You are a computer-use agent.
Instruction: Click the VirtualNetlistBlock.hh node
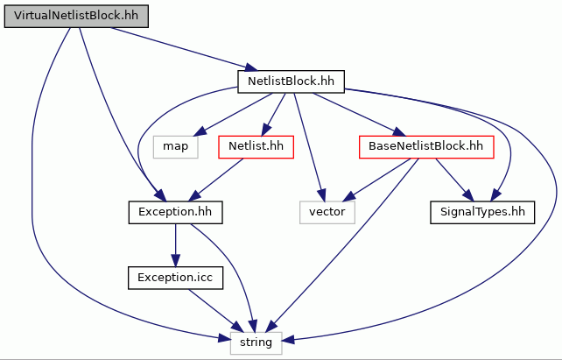[x=76, y=16]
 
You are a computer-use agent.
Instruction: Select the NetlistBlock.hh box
[x=291, y=81]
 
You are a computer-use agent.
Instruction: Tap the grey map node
[x=176, y=146]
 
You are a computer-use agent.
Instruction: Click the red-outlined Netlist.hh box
[x=256, y=146]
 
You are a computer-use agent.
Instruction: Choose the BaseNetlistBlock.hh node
[x=426, y=146]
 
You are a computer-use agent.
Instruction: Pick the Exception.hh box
[x=175, y=212]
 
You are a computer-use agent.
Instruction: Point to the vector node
[x=327, y=212]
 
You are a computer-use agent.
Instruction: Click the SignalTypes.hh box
[x=482, y=212]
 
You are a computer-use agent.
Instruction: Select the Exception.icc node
[x=175, y=278]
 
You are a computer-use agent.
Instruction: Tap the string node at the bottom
[x=256, y=342]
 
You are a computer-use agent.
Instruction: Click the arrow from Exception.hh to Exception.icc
[x=175, y=245]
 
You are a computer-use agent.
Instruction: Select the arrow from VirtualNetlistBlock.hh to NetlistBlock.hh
[x=184, y=49]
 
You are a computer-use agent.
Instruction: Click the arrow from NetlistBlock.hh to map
[x=233, y=115]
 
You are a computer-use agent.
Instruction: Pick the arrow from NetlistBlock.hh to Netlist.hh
[x=273, y=115]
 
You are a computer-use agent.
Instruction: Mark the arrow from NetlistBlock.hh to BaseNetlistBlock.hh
[x=359, y=115]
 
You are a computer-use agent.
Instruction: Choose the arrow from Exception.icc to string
[x=215, y=310]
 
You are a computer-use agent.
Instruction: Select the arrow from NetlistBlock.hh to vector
[x=309, y=147]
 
